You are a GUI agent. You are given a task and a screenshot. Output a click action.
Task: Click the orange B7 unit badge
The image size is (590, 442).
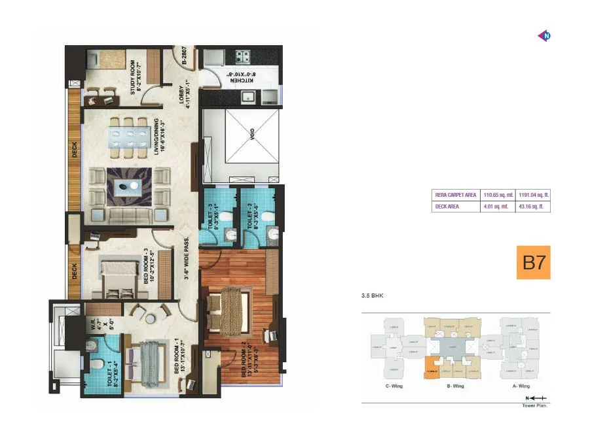(533, 262)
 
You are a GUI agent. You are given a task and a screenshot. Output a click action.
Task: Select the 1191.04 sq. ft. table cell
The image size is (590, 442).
(534, 194)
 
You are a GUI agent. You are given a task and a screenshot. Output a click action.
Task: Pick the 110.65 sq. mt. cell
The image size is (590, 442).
(498, 194)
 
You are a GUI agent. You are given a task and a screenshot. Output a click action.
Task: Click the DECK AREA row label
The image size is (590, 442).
(447, 207)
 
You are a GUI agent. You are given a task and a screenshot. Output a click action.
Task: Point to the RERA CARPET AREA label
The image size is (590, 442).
(455, 194)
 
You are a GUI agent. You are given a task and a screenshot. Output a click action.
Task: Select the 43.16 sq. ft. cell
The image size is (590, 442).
(533, 207)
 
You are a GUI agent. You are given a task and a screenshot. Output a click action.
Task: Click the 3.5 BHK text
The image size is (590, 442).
(371, 296)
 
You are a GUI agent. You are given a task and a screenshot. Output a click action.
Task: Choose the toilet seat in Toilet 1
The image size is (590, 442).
(96, 364)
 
